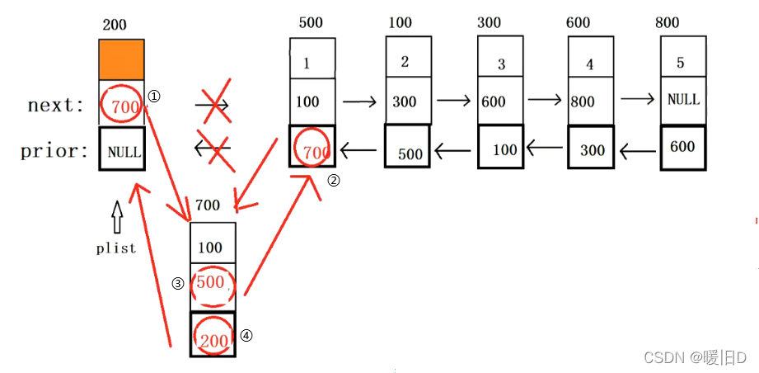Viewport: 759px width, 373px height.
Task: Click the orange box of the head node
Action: [x=121, y=59]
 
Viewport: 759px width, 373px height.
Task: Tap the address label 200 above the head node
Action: [x=115, y=25]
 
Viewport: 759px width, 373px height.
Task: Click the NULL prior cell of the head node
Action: [x=122, y=149]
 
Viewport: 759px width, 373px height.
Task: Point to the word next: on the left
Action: [x=56, y=105]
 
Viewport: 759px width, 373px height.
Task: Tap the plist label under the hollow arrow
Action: [x=115, y=248]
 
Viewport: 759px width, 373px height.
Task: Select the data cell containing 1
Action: [x=313, y=61]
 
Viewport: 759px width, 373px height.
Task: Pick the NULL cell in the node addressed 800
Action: [x=683, y=100]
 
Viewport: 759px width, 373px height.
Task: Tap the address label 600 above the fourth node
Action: [x=578, y=23]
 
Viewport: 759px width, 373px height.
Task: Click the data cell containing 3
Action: [x=501, y=63]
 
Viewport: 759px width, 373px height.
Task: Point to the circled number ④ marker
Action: [x=246, y=335]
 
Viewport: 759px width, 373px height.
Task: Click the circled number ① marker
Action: [x=153, y=97]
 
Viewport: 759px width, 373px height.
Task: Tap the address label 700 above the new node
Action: [x=208, y=205]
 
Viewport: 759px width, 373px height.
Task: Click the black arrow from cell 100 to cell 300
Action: [x=359, y=102]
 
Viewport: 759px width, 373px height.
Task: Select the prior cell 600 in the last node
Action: [x=682, y=146]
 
